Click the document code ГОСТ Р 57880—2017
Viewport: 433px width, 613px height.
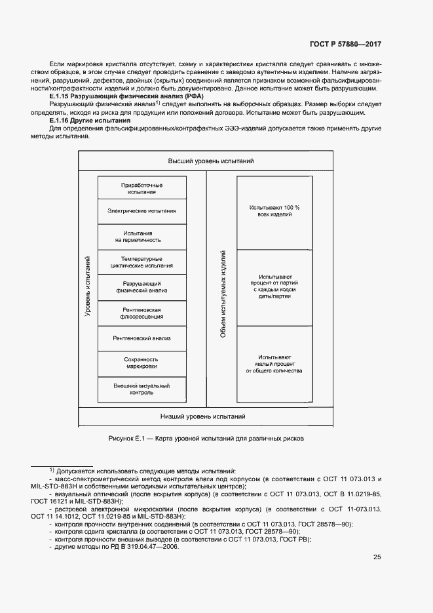345,45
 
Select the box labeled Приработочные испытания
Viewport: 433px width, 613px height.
142,188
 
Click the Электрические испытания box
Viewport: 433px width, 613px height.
142,211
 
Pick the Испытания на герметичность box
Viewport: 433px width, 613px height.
142,237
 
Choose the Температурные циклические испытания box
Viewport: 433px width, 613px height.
142,262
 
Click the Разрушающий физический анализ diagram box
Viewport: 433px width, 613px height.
142,287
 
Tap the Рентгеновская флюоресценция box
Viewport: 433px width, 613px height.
142,313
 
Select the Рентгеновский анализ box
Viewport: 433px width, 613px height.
142,338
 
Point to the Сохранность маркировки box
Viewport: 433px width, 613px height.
142,363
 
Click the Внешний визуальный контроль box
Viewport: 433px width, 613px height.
142,389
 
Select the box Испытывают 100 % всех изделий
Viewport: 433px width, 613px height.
274,211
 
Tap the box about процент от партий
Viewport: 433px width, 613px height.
274,287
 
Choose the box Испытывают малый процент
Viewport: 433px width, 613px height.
274,363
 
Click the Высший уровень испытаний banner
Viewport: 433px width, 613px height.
211,161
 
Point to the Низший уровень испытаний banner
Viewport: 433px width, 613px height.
211,416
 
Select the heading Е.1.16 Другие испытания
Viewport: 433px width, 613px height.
90,121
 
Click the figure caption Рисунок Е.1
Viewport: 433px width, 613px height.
207,438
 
